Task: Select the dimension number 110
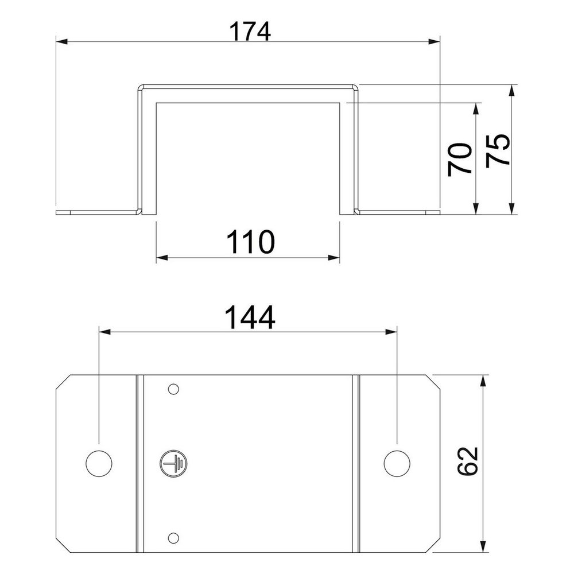pyautogui.click(x=250, y=242)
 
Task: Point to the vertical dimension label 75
pyautogui.click(x=498, y=151)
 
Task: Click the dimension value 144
pyautogui.click(x=250, y=318)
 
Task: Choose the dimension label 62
pyautogui.click(x=468, y=461)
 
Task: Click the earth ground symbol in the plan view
pyautogui.click(x=172, y=463)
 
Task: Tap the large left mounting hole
pyautogui.click(x=99, y=463)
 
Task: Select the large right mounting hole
pyautogui.click(x=397, y=463)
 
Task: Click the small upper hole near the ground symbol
pyautogui.click(x=173, y=389)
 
